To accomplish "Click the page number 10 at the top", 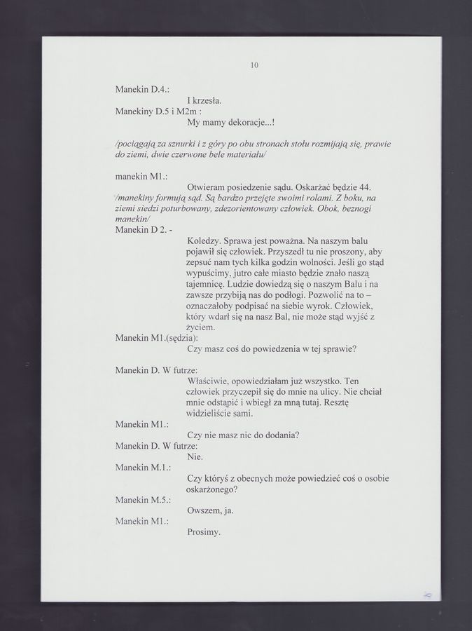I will pyautogui.click(x=254, y=66).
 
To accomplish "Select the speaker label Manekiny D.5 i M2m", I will pyautogui.click(x=158, y=111).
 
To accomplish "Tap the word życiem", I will pyautogui.click(x=201, y=327).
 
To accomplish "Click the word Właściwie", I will pyautogui.click(x=210, y=381).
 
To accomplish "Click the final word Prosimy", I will pyautogui.click(x=204, y=531).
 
